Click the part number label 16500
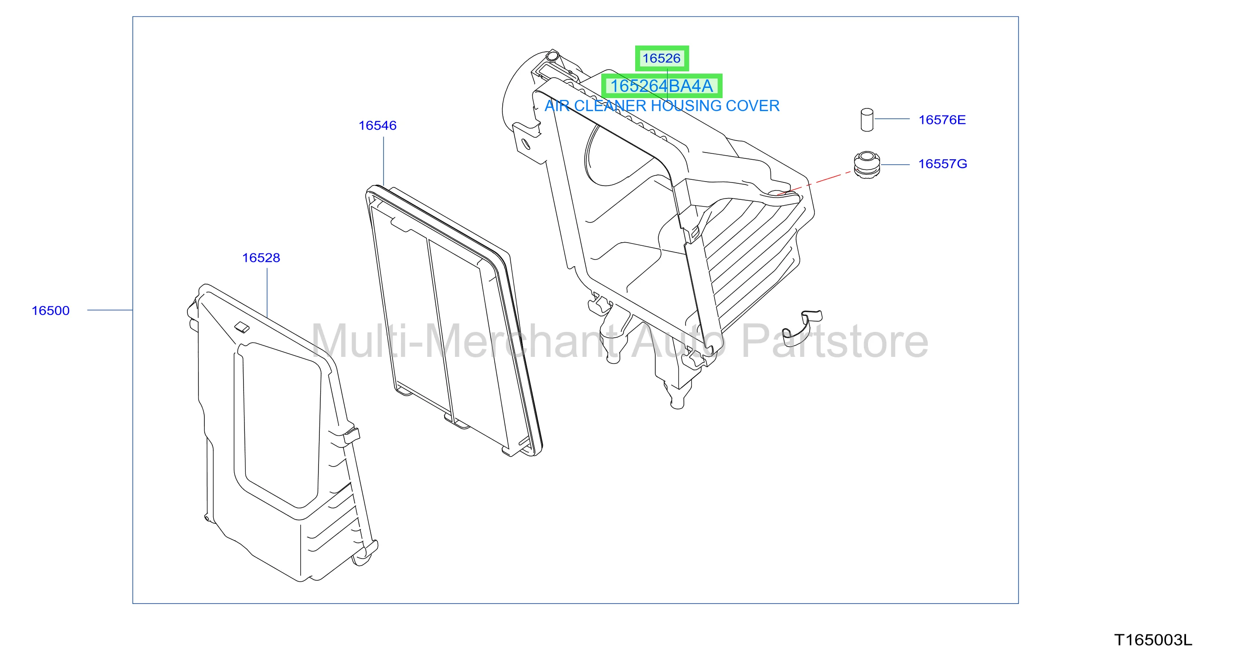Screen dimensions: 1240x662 50,310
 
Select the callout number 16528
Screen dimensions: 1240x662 261,257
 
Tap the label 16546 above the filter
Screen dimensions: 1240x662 377,125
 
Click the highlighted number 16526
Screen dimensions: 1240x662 661,58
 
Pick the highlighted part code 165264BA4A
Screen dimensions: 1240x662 661,86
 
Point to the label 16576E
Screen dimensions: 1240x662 942,120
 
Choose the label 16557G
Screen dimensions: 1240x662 942,164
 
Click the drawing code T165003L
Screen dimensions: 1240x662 1153,640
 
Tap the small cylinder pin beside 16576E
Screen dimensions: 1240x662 867,120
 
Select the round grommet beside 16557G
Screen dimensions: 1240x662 867,165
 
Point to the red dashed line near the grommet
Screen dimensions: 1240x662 814,183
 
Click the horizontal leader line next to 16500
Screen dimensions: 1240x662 110,310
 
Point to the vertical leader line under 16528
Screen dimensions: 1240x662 267,293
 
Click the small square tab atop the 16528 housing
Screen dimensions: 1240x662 242,327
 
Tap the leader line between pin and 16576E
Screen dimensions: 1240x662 892,119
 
